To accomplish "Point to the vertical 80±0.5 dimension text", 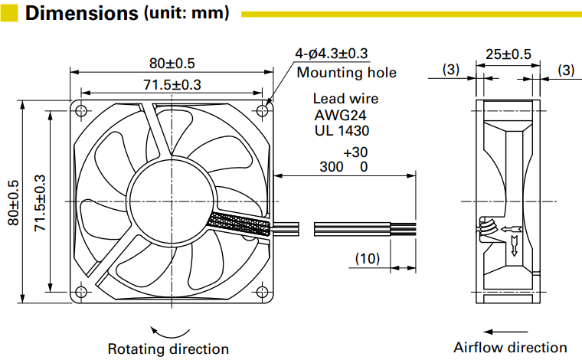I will (13, 202).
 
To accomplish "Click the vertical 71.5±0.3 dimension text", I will (39, 202).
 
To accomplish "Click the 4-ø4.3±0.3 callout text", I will (332, 54).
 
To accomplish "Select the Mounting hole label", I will (346, 73).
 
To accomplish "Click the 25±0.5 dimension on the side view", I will (508, 54).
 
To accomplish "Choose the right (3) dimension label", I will (566, 70).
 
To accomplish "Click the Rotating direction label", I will (168, 349).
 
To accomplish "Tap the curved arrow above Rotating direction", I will (169, 331).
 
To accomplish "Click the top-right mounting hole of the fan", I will (263, 110).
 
